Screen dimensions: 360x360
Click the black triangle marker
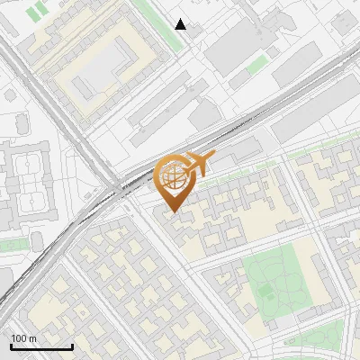181,24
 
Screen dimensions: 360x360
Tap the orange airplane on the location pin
200,164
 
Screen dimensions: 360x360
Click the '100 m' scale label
24,337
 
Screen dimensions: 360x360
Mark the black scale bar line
41,346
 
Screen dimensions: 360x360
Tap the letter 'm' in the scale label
34,337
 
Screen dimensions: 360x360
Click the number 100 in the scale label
19,337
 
